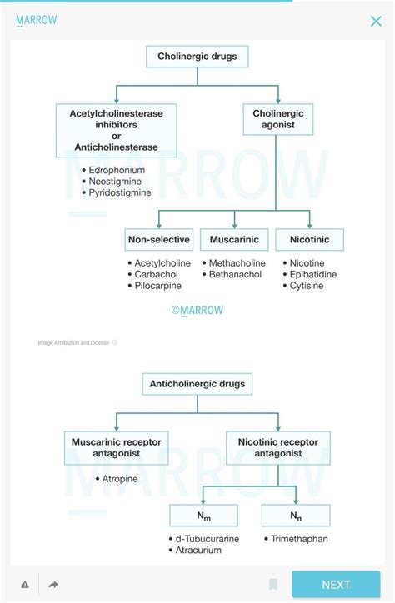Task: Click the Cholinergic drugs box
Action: click(x=197, y=57)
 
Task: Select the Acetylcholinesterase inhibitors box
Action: click(x=117, y=129)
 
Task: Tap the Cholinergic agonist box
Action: click(x=278, y=120)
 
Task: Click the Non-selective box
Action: click(x=158, y=240)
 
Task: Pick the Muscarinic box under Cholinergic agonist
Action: click(x=234, y=240)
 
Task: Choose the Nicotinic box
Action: click(x=309, y=240)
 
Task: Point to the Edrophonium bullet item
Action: click(x=117, y=170)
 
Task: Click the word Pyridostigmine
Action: click(x=120, y=192)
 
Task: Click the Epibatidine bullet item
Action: click(x=313, y=274)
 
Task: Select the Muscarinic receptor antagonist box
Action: click(x=117, y=447)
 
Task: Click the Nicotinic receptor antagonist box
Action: click(x=278, y=447)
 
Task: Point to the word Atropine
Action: click(x=126, y=479)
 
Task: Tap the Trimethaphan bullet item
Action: click(x=299, y=539)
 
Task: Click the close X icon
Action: click(x=376, y=22)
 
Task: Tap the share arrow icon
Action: click(x=53, y=585)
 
